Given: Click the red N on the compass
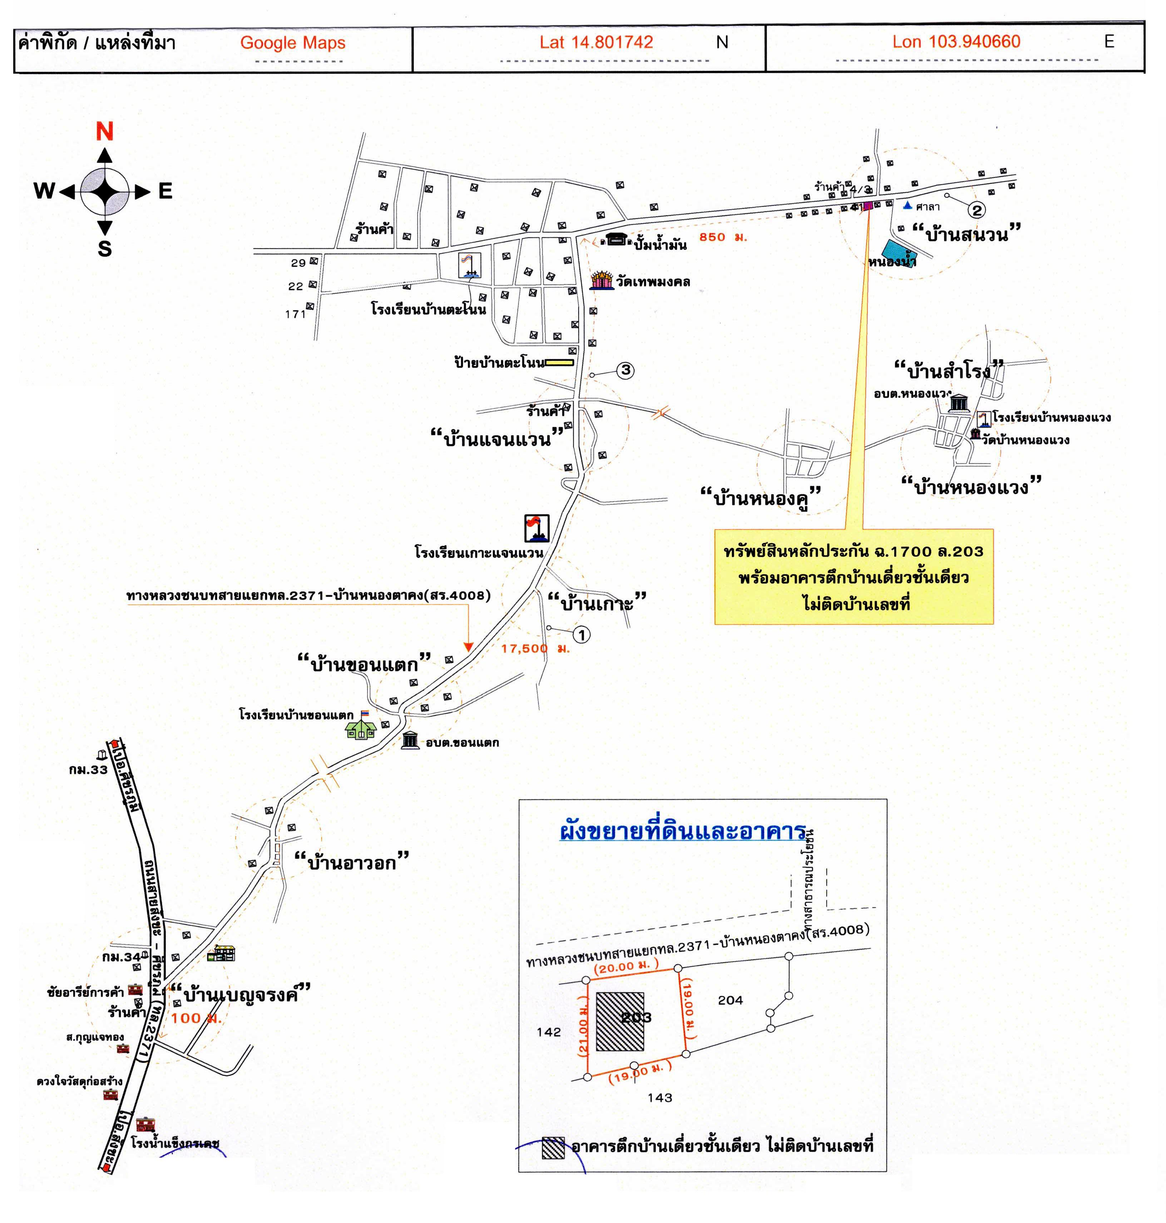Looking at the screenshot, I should [x=104, y=132].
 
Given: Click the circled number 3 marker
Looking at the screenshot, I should [x=625, y=370].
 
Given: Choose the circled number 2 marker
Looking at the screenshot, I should [x=977, y=210].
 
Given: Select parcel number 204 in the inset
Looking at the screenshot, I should [x=730, y=1000].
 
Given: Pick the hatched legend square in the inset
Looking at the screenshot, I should [x=553, y=1148].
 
